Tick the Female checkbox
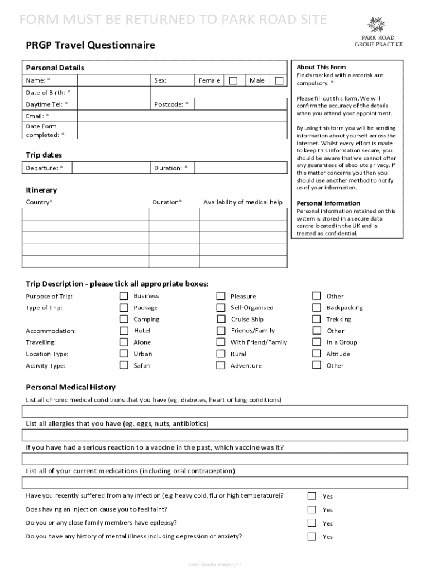click(x=233, y=80)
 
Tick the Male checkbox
click(x=279, y=80)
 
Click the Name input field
click(x=112, y=80)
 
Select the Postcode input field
click(x=241, y=104)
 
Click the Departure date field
click(x=112, y=168)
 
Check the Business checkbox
click(x=123, y=296)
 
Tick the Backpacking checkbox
click(x=317, y=308)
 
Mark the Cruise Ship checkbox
click(x=221, y=320)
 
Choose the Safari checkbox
click(x=123, y=365)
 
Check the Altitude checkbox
click(x=317, y=354)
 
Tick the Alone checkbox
click(x=123, y=342)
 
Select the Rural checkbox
click(x=221, y=354)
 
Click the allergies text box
click(x=215, y=436)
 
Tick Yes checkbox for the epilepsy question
click(x=312, y=523)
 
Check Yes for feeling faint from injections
click(x=312, y=509)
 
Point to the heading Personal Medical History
click(x=71, y=387)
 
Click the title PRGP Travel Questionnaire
click(x=90, y=45)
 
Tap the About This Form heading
click(x=321, y=67)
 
